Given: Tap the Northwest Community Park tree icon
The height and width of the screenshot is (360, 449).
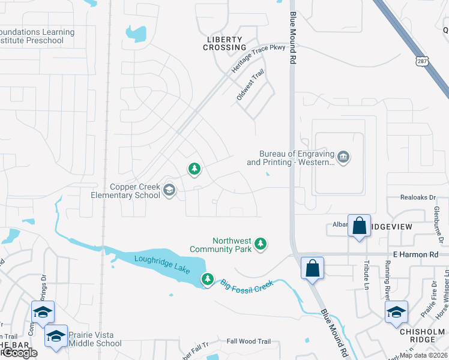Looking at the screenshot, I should tap(260, 244).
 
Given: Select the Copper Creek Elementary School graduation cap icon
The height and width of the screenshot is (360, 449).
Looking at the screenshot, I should tap(169, 191).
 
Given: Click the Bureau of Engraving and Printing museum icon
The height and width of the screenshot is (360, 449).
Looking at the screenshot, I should tap(343, 158).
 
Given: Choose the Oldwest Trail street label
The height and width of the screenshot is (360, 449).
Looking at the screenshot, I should tap(250, 92).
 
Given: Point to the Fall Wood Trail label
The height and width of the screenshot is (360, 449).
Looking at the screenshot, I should tap(249, 341).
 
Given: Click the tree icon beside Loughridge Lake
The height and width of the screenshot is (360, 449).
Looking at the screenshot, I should tap(207, 279).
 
